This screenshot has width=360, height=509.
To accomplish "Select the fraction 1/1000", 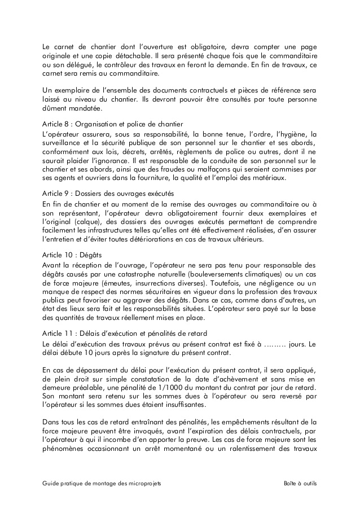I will (175, 388).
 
